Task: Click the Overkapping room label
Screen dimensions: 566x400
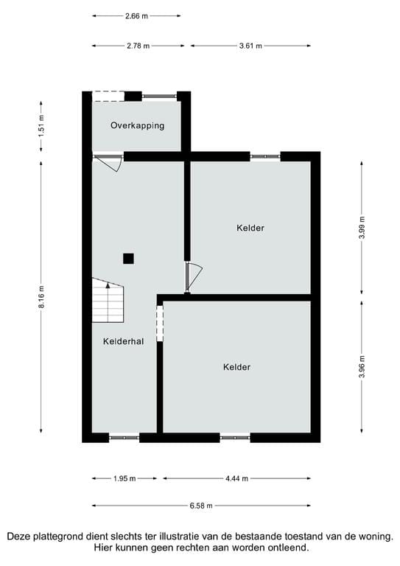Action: click(x=137, y=125)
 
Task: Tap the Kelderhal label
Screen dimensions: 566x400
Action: click(x=123, y=341)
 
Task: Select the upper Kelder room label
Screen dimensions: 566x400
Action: click(x=250, y=228)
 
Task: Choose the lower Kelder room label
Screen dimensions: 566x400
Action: click(x=236, y=367)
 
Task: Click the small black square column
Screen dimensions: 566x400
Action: click(x=128, y=258)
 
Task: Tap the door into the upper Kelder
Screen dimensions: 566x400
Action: click(x=193, y=277)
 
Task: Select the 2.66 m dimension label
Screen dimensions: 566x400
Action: click(x=137, y=15)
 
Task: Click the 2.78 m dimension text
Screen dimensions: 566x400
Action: click(x=138, y=46)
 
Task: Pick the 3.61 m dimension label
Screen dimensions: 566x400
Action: click(x=250, y=46)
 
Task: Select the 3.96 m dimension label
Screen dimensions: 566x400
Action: click(x=362, y=366)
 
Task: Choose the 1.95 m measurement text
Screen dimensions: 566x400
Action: click(x=124, y=478)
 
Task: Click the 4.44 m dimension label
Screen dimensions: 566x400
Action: click(x=236, y=478)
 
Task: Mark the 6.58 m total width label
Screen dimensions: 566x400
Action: click(x=201, y=506)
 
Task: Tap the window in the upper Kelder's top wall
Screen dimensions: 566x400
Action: click(x=265, y=156)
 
